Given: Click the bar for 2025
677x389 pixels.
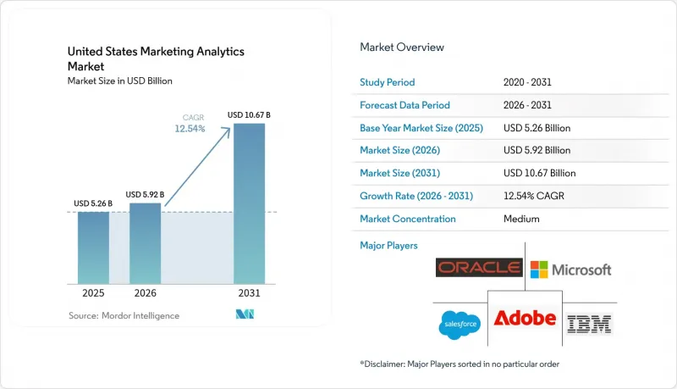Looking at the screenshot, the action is pos(93,247).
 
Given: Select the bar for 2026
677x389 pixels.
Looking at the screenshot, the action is pos(145,243).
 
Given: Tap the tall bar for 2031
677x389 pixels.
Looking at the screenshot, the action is pos(249,203).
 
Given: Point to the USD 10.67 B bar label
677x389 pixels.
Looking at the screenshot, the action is pos(249,115).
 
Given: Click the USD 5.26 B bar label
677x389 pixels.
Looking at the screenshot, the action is pos(93,203).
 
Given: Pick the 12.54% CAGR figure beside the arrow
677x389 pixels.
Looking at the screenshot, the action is pos(190,128).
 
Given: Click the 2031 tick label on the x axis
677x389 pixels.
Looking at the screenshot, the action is pos(249,293).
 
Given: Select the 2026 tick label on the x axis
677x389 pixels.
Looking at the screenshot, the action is pos(145,293).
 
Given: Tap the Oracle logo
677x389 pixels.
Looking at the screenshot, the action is pos(479,268).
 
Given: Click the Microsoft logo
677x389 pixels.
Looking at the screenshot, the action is pos(570,270).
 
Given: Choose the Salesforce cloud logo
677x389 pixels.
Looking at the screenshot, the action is pos(460,325).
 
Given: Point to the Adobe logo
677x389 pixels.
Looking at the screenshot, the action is pos(525,318).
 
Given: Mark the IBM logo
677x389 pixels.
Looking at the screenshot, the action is pos(589,324).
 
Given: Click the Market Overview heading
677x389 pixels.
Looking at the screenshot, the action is pos(402,47).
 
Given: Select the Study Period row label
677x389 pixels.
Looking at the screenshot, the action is pos(388,82).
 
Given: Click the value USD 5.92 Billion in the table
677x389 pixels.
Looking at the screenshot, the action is pos(537,150).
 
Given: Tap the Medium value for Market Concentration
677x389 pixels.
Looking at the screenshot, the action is pos(521,219).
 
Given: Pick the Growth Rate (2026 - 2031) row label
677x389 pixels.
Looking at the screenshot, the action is pos(416,196).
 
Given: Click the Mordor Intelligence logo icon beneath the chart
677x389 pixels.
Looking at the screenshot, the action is pos(245,314).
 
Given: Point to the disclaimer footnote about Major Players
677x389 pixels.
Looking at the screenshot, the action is pos(460,364).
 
